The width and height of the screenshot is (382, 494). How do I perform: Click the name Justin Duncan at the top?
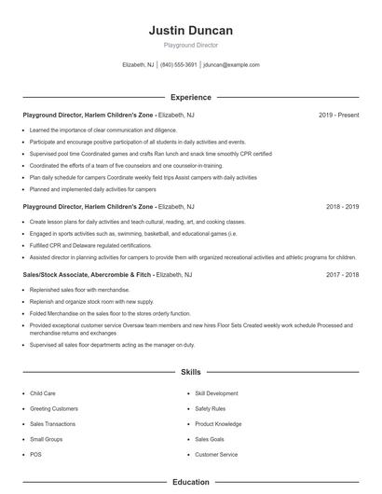(191, 31)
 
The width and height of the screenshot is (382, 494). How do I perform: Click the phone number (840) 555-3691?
(179, 65)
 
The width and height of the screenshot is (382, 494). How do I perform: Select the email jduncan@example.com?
(231, 65)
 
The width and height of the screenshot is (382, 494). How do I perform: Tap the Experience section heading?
(191, 97)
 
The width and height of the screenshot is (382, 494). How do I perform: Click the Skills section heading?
(191, 372)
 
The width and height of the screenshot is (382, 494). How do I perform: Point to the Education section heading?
(191, 482)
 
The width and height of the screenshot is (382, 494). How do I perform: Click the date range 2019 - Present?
(338, 115)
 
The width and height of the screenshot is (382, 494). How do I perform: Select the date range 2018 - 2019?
(342, 206)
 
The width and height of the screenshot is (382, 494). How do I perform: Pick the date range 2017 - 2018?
(342, 275)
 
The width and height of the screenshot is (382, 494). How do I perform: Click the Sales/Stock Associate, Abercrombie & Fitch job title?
(88, 275)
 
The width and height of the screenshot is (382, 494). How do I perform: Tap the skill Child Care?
(43, 393)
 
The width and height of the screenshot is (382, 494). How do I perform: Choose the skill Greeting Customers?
(54, 408)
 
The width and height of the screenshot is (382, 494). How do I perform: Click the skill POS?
(35, 454)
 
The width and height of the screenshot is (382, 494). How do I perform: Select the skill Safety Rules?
(211, 408)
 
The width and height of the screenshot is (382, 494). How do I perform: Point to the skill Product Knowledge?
(217, 423)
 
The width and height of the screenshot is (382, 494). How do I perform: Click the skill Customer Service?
(216, 454)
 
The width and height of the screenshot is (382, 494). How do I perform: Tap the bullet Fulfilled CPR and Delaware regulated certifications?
(89, 245)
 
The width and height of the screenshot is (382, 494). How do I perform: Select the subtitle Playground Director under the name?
(191, 46)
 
